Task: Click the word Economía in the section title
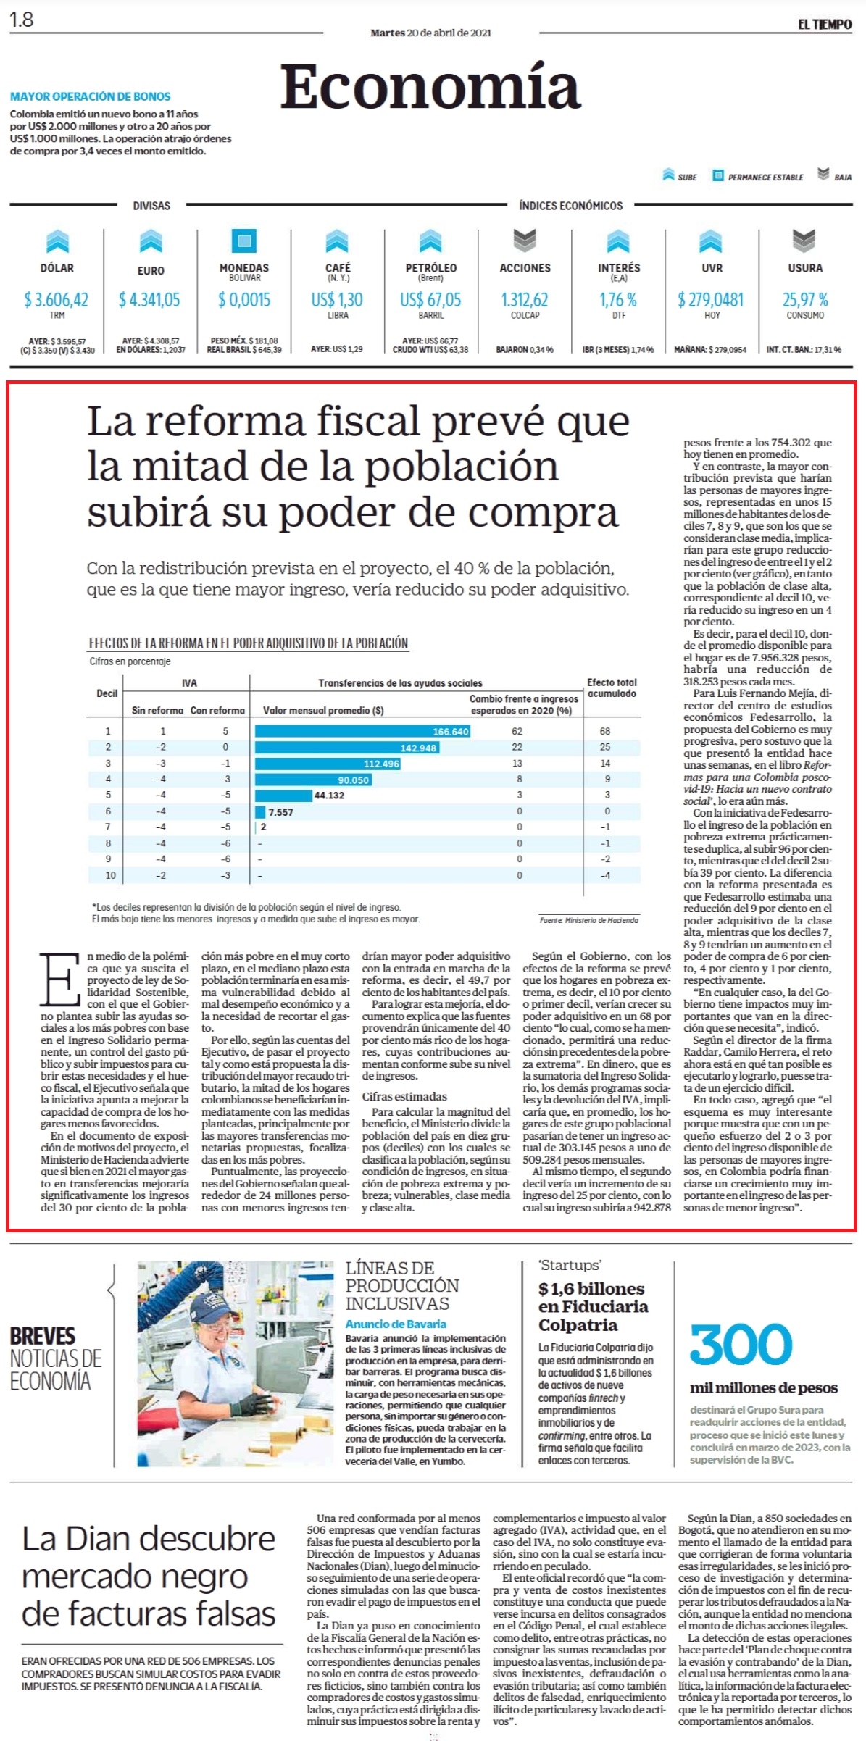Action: [x=430, y=86]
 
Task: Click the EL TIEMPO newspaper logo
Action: [x=825, y=25]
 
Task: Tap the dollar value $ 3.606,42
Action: [x=57, y=299]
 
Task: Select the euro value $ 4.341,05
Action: [x=150, y=299]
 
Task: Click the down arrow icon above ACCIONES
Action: [x=525, y=240]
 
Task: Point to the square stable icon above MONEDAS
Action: [x=244, y=240]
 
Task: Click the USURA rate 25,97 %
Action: [x=805, y=299]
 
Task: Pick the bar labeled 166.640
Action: [x=363, y=731]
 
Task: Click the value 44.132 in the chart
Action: [x=329, y=796]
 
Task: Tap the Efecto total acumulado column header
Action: [x=612, y=688]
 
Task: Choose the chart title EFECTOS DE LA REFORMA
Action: [x=249, y=643]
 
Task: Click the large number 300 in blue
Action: [x=741, y=1345]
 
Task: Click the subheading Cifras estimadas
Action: [x=404, y=1096]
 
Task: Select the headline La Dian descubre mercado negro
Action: [x=149, y=1576]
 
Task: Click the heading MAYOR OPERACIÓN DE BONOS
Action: [x=91, y=96]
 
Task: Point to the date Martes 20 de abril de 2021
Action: [x=430, y=33]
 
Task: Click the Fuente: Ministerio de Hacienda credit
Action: [x=588, y=920]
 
